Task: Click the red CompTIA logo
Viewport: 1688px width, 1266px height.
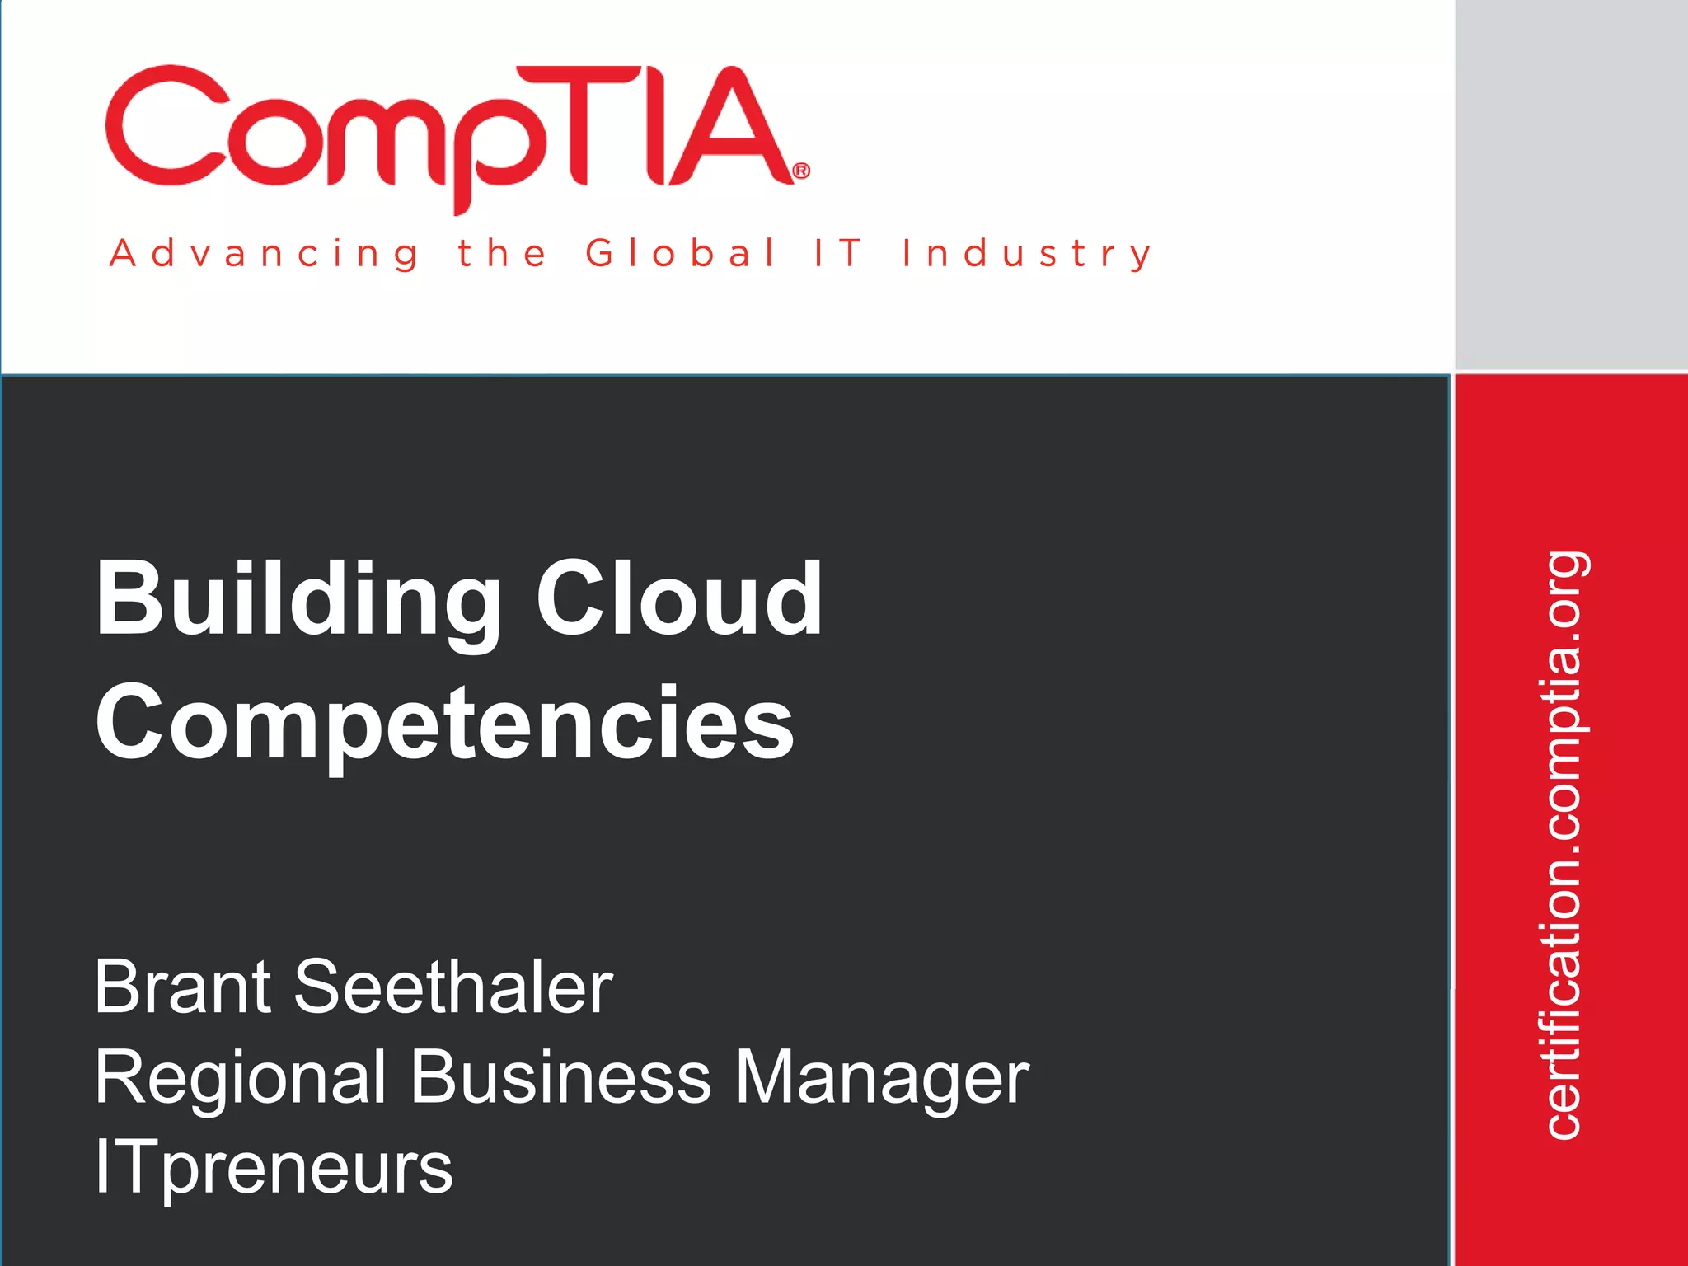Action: point(453,132)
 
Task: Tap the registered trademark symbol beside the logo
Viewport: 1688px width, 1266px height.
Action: point(800,171)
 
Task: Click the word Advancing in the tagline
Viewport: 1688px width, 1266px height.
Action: point(264,253)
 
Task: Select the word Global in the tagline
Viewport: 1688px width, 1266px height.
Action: point(681,253)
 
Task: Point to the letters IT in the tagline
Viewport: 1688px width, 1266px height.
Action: point(838,253)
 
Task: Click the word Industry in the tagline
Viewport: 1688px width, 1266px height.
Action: point(1027,253)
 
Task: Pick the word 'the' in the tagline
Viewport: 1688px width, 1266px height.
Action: point(502,253)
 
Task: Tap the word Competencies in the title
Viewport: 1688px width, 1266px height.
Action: point(445,724)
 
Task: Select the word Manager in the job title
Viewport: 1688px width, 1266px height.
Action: point(882,1078)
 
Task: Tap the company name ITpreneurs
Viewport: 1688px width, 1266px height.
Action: point(274,1168)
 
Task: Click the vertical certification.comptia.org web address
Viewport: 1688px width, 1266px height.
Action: point(1563,845)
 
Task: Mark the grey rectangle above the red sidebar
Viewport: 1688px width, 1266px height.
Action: point(1571,185)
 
